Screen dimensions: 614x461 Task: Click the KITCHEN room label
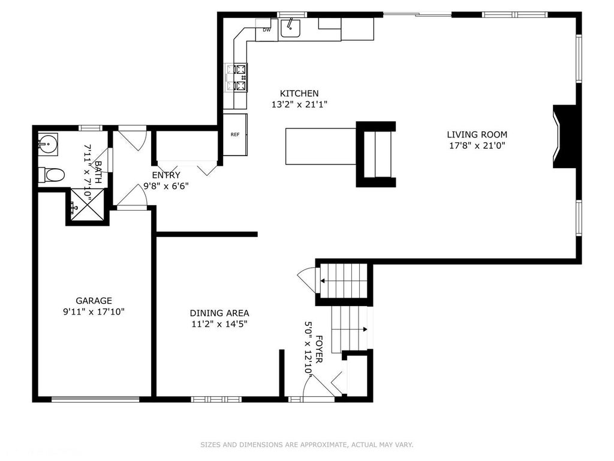(x=299, y=93)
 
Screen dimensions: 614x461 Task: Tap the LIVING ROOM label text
(x=477, y=134)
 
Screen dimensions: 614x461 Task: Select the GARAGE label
(x=94, y=301)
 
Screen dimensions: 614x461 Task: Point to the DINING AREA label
(x=219, y=313)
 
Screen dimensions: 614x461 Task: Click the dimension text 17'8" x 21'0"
(x=477, y=146)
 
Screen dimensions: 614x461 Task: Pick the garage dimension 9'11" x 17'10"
(x=94, y=312)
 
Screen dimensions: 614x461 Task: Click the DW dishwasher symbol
(x=267, y=30)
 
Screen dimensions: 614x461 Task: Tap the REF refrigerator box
(x=235, y=134)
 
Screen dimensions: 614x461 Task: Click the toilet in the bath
(x=51, y=175)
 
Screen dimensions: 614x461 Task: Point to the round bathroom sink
(x=48, y=143)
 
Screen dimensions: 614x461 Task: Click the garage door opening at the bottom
(x=95, y=399)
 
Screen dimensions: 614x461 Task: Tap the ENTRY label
(x=166, y=175)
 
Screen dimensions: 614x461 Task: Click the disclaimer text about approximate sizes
(x=306, y=445)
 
